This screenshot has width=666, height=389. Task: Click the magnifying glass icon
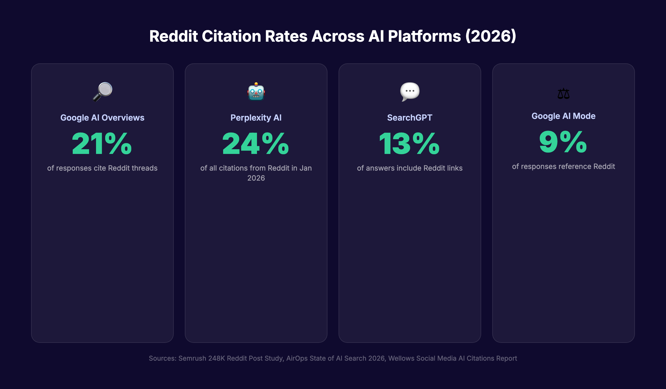[102, 92]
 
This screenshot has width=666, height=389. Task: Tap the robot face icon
[256, 92]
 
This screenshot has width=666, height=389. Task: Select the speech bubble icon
[410, 92]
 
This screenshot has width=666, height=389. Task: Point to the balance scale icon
[563, 94]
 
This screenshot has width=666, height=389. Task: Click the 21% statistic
[102, 144]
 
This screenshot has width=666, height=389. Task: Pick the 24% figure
[256, 144]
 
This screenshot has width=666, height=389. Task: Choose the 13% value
[410, 144]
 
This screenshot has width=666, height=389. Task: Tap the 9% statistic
[563, 142]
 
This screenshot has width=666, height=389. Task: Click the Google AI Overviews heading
[102, 118]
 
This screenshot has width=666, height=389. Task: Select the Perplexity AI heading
[256, 118]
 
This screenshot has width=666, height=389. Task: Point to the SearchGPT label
[410, 118]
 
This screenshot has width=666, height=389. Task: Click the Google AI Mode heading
[563, 116]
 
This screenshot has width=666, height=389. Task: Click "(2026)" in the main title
[491, 36]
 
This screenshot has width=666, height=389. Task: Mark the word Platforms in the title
[424, 36]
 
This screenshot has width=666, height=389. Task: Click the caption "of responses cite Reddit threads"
[102, 168]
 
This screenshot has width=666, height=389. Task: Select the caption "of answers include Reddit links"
[410, 168]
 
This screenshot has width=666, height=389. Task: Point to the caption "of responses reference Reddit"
[563, 166]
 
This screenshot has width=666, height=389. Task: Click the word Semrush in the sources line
[192, 358]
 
